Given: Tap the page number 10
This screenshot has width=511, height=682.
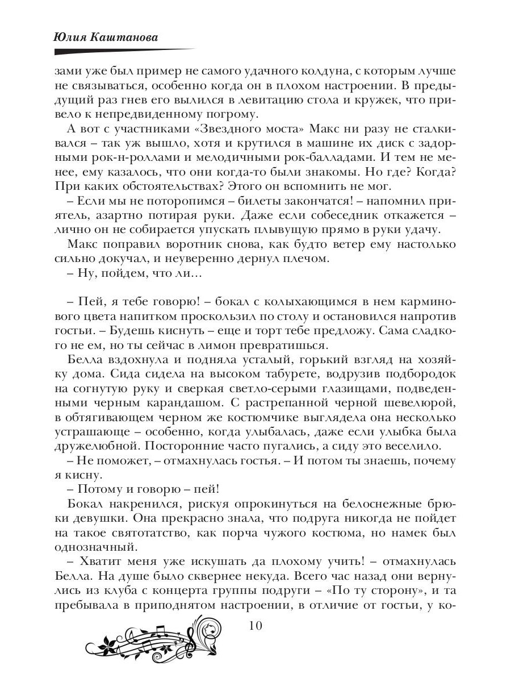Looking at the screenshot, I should [255, 626].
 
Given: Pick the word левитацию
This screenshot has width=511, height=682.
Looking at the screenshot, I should [256, 102].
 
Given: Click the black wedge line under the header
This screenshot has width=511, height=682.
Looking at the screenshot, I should [114, 51].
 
